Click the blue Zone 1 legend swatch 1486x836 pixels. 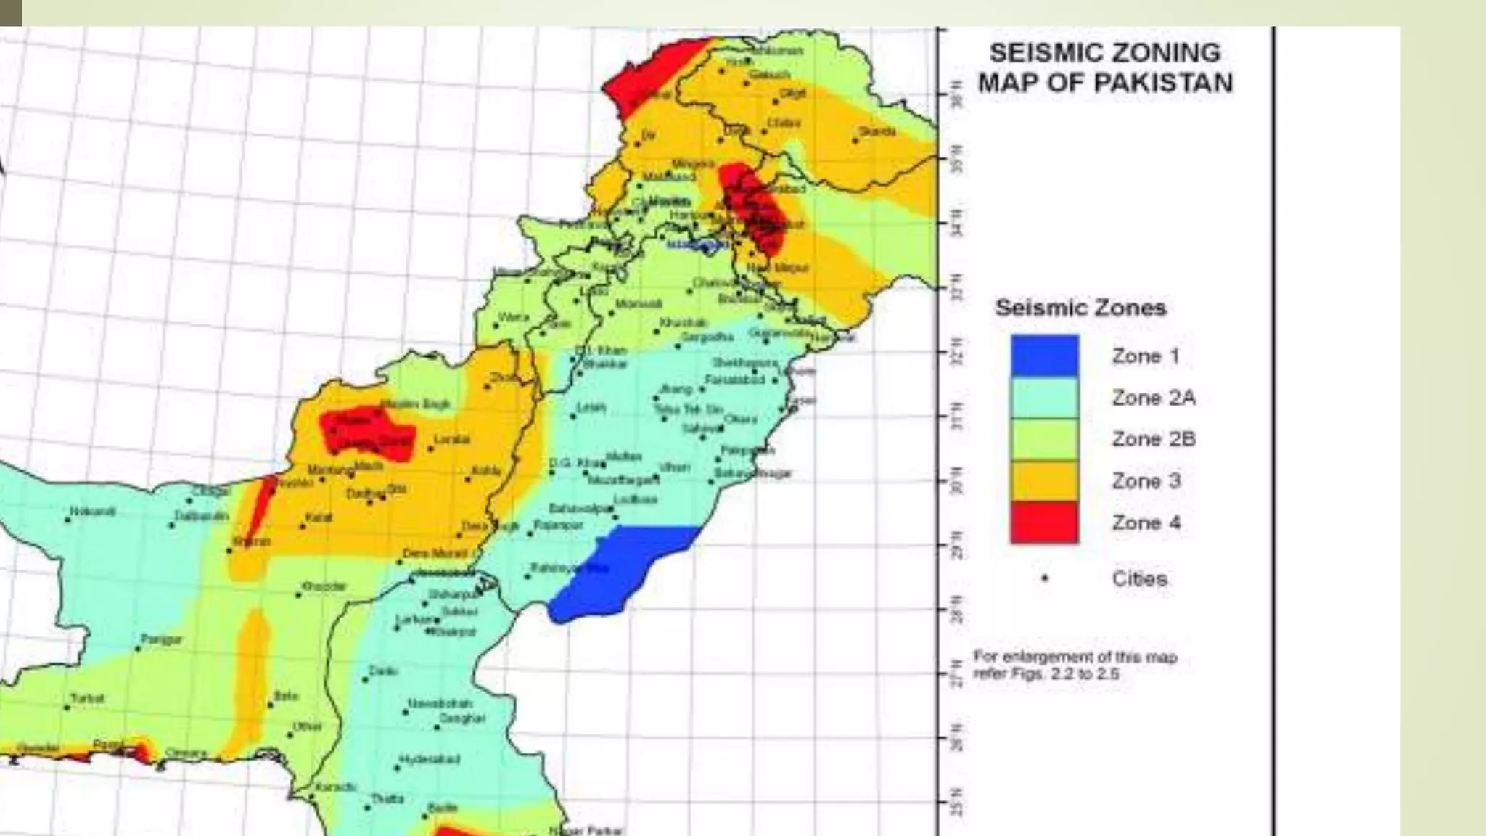click(x=1044, y=356)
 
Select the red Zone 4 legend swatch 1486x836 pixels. click(x=1044, y=522)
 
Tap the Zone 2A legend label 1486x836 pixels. click(x=1153, y=398)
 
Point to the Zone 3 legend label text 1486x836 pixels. click(x=1146, y=481)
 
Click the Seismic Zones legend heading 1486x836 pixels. click(x=1080, y=308)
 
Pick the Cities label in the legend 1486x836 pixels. click(x=1139, y=579)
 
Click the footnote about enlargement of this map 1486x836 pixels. click(x=1075, y=665)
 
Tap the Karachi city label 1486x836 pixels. click(x=334, y=787)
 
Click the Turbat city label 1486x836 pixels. click(x=87, y=698)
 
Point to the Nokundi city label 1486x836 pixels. click(x=92, y=512)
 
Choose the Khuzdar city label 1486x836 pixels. click(x=324, y=586)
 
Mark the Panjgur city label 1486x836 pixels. click(x=161, y=639)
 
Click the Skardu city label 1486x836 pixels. click(x=877, y=131)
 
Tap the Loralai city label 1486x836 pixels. click(x=452, y=440)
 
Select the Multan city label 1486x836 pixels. click(x=623, y=456)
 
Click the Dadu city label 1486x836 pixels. click(x=382, y=671)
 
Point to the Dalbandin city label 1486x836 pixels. click(x=201, y=516)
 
